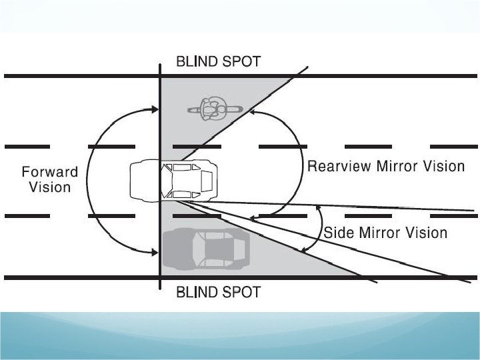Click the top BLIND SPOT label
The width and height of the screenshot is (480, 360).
click(x=218, y=61)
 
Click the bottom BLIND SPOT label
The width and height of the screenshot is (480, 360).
click(x=218, y=291)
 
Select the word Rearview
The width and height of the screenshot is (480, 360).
click(x=339, y=166)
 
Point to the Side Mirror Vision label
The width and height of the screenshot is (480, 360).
click(x=385, y=233)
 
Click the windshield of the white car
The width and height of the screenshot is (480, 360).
click(x=165, y=180)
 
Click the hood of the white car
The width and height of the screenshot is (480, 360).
click(x=145, y=180)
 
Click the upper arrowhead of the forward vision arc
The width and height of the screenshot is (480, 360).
click(x=155, y=109)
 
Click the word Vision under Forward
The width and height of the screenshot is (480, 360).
click(x=50, y=187)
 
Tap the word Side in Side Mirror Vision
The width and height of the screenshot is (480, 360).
click(x=338, y=233)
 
